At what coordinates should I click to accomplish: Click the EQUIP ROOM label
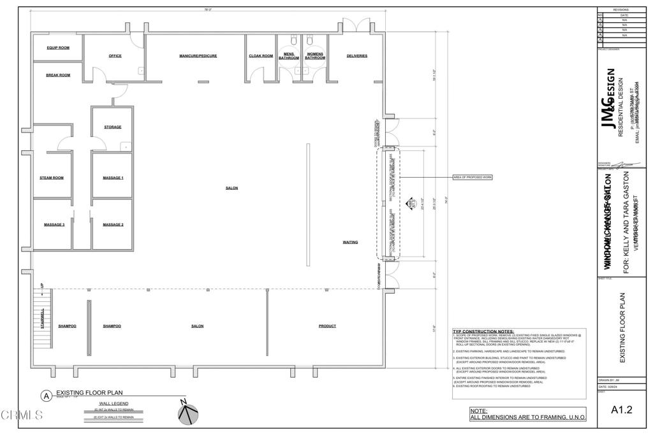(x=58, y=48)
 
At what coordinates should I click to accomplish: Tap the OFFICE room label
(x=115, y=56)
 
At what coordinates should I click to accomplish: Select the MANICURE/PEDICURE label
(x=198, y=56)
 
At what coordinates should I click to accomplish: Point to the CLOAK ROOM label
(x=261, y=56)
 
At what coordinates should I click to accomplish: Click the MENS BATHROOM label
(x=288, y=56)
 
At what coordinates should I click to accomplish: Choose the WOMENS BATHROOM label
(x=315, y=56)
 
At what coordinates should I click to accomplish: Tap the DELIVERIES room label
(x=357, y=56)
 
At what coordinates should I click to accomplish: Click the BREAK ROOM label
(x=58, y=75)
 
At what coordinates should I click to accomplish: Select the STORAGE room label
(x=113, y=127)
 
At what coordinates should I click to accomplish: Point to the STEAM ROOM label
(x=52, y=178)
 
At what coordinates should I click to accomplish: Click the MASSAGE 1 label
(x=113, y=178)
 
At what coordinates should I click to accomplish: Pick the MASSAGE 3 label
(x=54, y=225)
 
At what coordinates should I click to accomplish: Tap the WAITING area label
(x=350, y=242)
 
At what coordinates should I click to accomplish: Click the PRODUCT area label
(x=327, y=326)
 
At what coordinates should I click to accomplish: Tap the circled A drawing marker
(x=46, y=396)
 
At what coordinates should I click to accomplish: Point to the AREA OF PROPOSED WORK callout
(x=473, y=176)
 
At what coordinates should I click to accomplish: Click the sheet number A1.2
(x=621, y=410)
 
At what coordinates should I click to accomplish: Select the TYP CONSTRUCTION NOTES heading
(x=483, y=332)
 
